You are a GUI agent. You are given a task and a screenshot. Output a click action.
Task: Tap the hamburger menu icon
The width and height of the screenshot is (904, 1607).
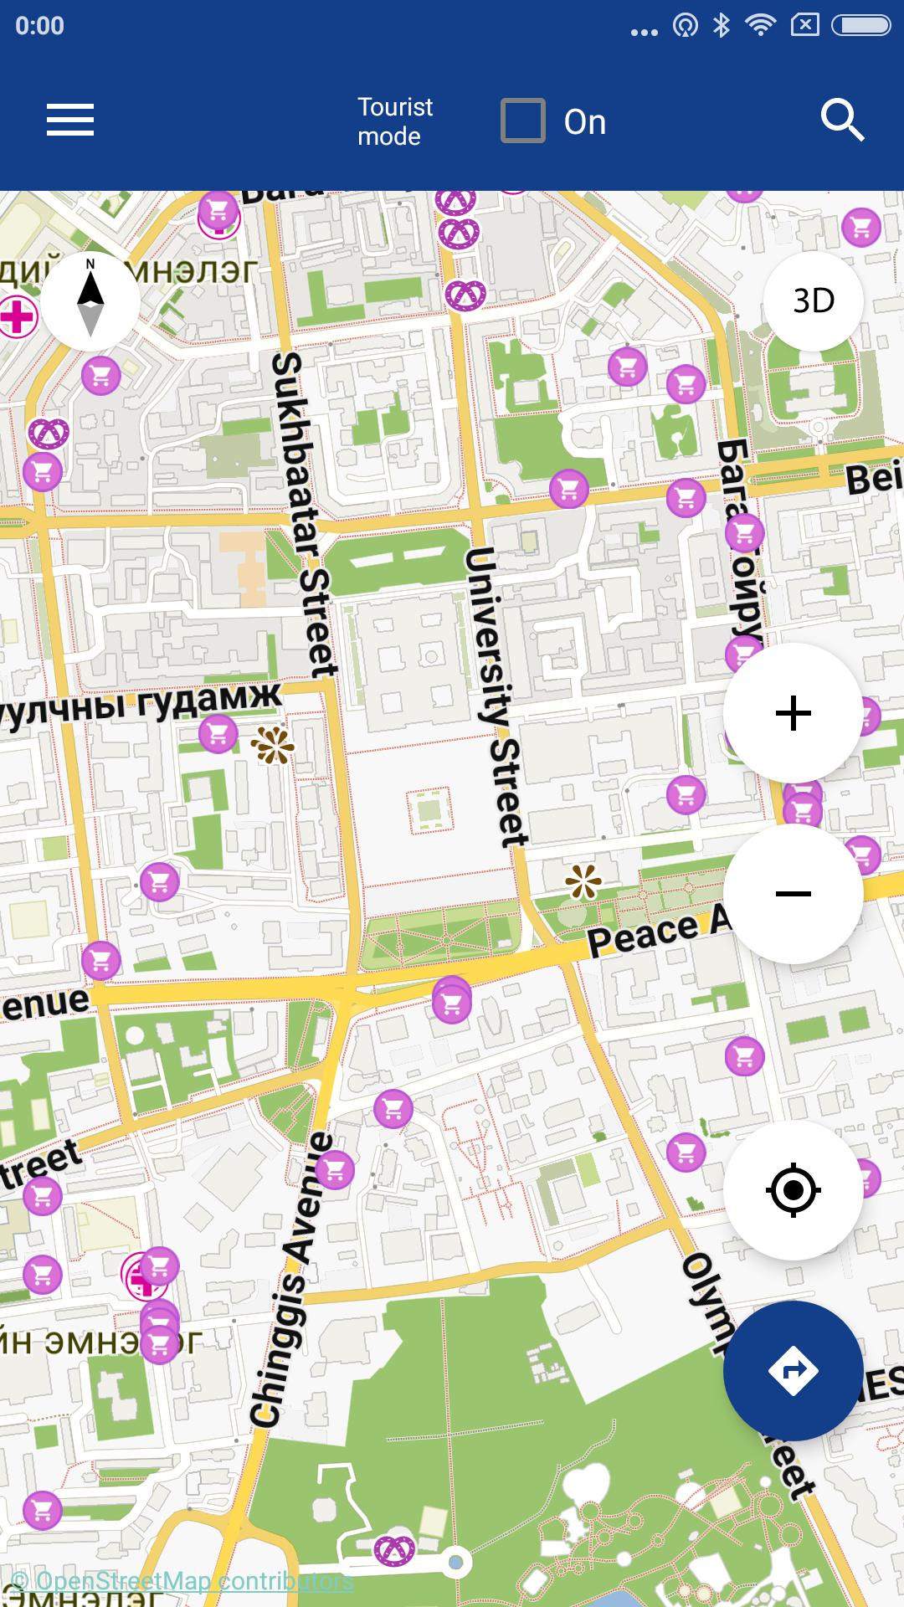(x=70, y=120)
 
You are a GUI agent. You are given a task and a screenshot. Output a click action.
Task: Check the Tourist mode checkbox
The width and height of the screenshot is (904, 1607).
(x=523, y=121)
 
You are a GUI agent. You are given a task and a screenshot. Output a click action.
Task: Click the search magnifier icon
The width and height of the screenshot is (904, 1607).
(x=841, y=121)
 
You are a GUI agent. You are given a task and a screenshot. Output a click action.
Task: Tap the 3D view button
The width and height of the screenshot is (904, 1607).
(x=813, y=300)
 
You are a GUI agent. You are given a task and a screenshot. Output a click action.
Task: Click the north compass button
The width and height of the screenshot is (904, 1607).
(x=90, y=300)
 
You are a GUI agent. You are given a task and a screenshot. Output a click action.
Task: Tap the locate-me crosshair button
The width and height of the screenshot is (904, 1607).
(x=793, y=1189)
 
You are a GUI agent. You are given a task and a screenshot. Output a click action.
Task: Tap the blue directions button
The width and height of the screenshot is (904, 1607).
(x=793, y=1370)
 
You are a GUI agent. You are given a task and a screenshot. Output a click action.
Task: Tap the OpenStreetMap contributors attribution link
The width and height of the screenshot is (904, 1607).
(x=182, y=1581)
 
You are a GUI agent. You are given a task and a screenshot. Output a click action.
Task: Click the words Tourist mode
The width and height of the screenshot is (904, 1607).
(x=394, y=121)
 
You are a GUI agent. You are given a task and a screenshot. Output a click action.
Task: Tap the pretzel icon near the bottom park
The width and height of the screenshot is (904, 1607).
(x=393, y=1550)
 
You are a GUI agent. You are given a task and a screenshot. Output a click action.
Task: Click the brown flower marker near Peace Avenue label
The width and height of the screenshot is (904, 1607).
(x=583, y=881)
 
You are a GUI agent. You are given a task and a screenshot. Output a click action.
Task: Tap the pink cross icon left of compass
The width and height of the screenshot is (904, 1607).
(x=17, y=317)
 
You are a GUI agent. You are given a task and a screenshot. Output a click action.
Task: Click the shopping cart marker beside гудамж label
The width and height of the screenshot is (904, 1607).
(x=218, y=734)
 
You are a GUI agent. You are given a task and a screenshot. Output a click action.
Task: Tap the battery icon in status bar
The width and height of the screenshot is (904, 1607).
(x=860, y=26)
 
